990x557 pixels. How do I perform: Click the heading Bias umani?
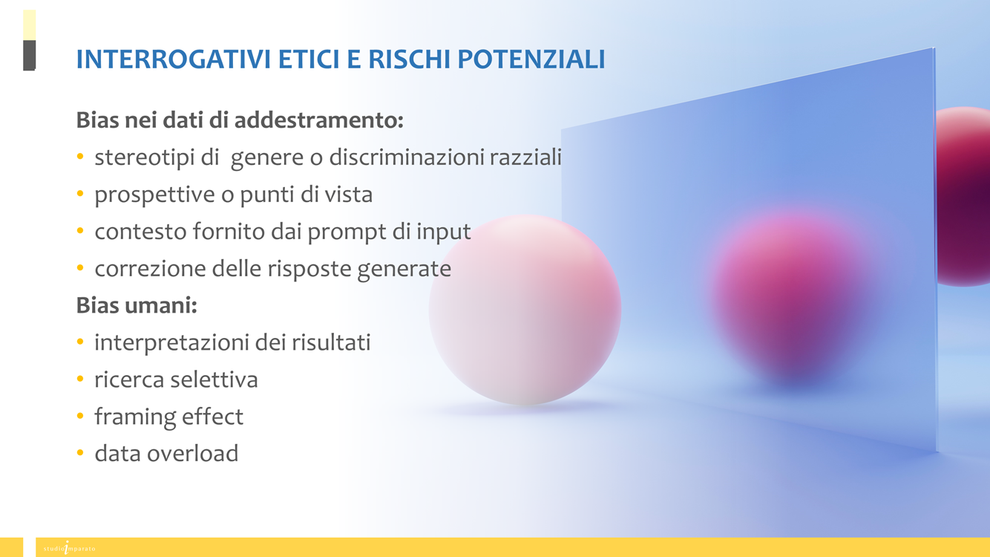click(137, 304)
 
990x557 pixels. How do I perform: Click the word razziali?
click(525, 157)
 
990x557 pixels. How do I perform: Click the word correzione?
click(150, 269)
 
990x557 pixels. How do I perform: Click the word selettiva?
click(214, 380)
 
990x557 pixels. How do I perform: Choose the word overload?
click(193, 453)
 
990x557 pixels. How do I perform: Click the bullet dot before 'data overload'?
click(80, 452)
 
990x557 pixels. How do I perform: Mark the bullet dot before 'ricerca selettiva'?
click(80, 379)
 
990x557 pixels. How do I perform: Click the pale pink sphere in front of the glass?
click(525, 310)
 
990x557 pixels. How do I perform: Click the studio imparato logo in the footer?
click(69, 548)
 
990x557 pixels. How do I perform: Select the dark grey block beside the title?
click(29, 55)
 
